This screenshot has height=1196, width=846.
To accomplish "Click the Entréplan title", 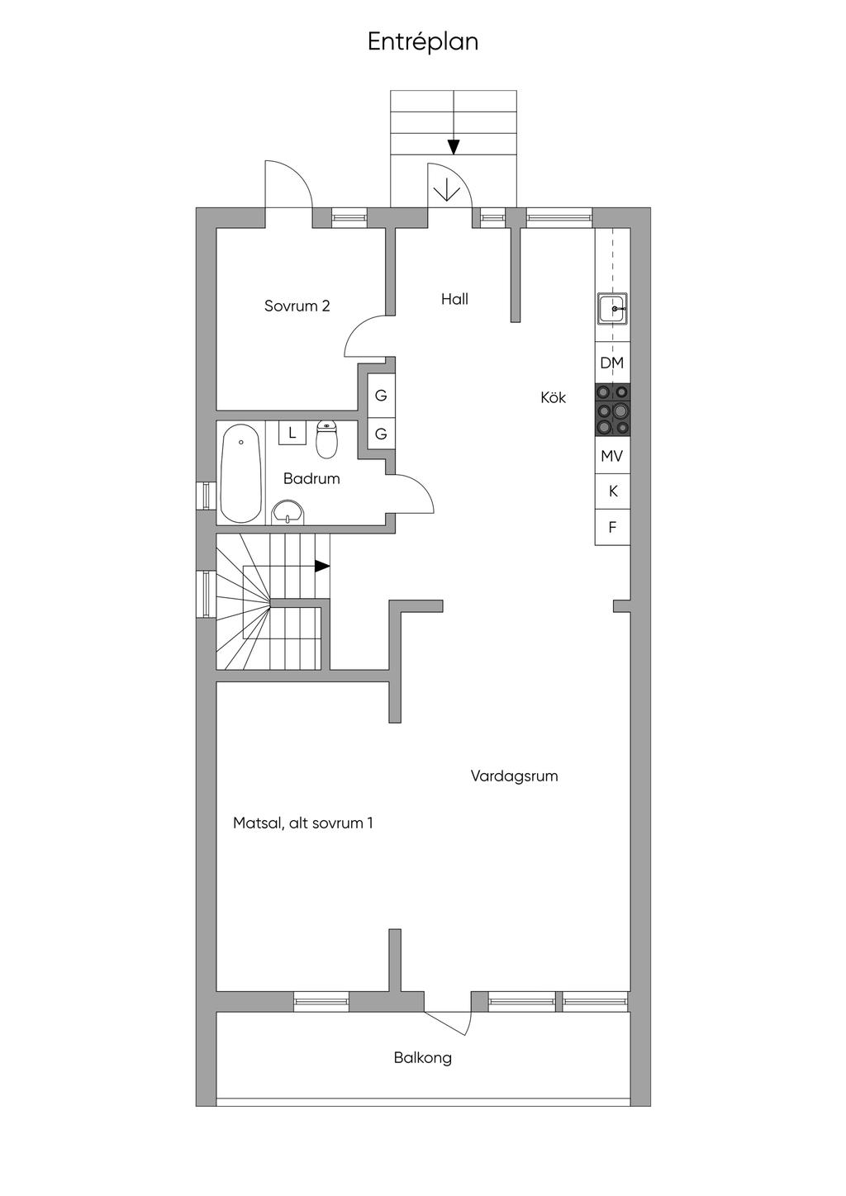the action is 422,42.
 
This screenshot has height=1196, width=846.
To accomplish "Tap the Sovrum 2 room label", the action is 297,306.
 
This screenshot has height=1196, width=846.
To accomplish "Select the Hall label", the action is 454,299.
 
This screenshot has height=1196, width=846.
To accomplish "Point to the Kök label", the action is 553,397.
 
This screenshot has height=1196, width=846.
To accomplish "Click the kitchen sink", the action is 612,308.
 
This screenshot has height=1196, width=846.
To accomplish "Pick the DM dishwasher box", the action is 612,363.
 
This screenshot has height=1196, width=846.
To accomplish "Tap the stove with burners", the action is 612,410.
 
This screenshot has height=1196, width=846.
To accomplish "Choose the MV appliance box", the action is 612,455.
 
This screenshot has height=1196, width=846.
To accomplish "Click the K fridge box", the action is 612,491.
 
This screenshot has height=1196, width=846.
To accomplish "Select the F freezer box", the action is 612,527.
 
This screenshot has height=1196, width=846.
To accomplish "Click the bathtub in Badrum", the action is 241,473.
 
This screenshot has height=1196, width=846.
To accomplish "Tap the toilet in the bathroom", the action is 326,439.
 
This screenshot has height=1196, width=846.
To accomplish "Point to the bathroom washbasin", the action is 288,513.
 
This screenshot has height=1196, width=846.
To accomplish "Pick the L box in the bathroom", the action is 292,433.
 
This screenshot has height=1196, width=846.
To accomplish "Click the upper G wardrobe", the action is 381,396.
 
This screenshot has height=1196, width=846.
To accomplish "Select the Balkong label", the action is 422,1058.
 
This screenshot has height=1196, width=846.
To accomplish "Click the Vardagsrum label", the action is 515,776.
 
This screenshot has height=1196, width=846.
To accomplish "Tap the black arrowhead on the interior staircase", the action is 322,567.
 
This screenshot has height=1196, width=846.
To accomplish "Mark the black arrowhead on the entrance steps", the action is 454,147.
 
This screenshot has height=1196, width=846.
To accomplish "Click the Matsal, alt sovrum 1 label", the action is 303,823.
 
